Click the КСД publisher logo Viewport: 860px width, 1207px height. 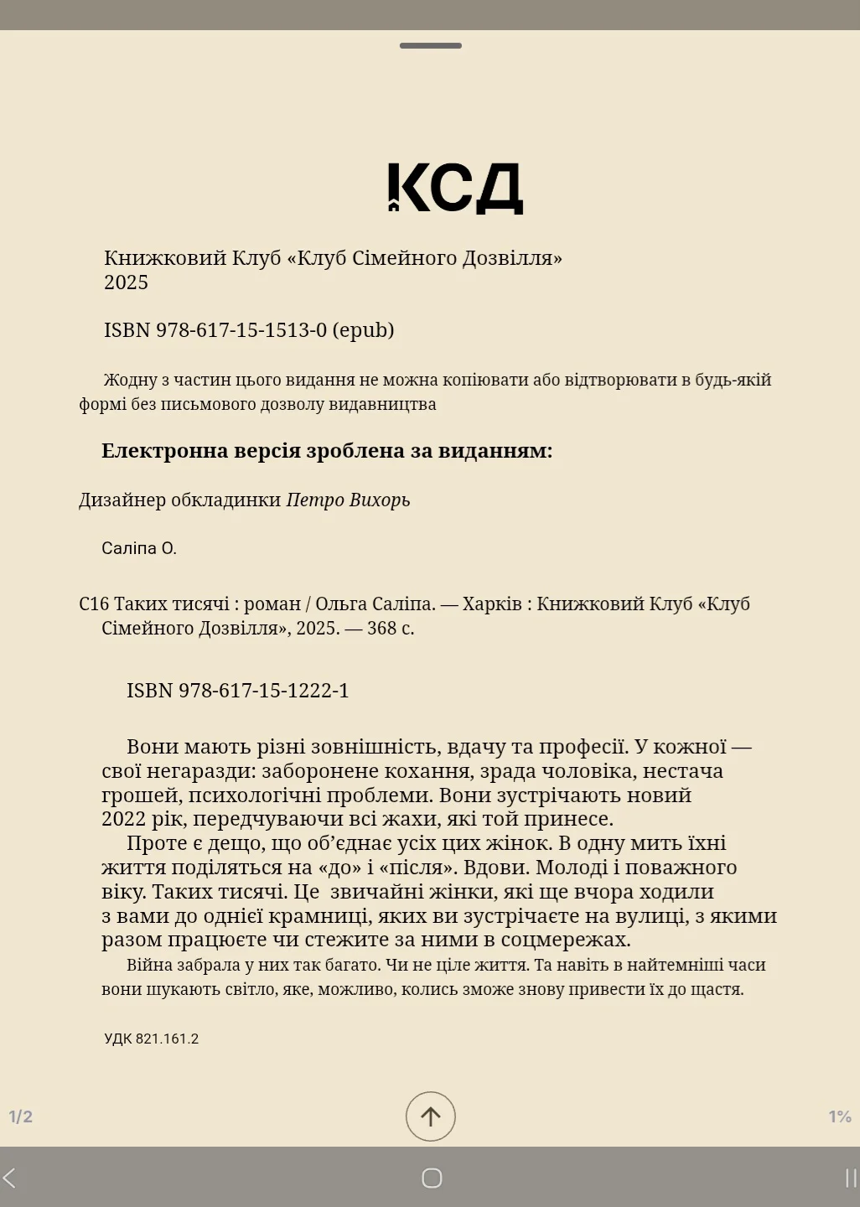tap(455, 189)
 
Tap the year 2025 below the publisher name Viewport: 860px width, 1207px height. tap(126, 282)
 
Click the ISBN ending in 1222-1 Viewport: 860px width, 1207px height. tap(237, 691)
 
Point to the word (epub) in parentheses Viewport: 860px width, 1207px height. tap(363, 330)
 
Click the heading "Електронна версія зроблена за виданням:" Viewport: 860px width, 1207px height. tap(327, 451)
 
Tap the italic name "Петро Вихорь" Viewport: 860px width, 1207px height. tap(348, 500)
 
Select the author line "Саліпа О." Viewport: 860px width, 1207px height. tap(139, 549)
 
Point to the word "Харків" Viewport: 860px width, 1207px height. tap(492, 604)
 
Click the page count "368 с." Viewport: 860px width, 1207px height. tap(391, 629)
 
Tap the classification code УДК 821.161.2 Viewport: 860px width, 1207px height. tap(152, 1039)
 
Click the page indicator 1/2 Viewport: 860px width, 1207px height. tap(21, 1116)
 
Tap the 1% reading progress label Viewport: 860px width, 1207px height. tap(840, 1116)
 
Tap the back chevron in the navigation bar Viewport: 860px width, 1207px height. tap(9, 1178)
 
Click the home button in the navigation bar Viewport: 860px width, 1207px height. tap(431, 1178)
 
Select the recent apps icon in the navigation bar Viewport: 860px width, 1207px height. tap(850, 1178)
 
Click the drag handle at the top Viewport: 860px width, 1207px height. tap(430, 45)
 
